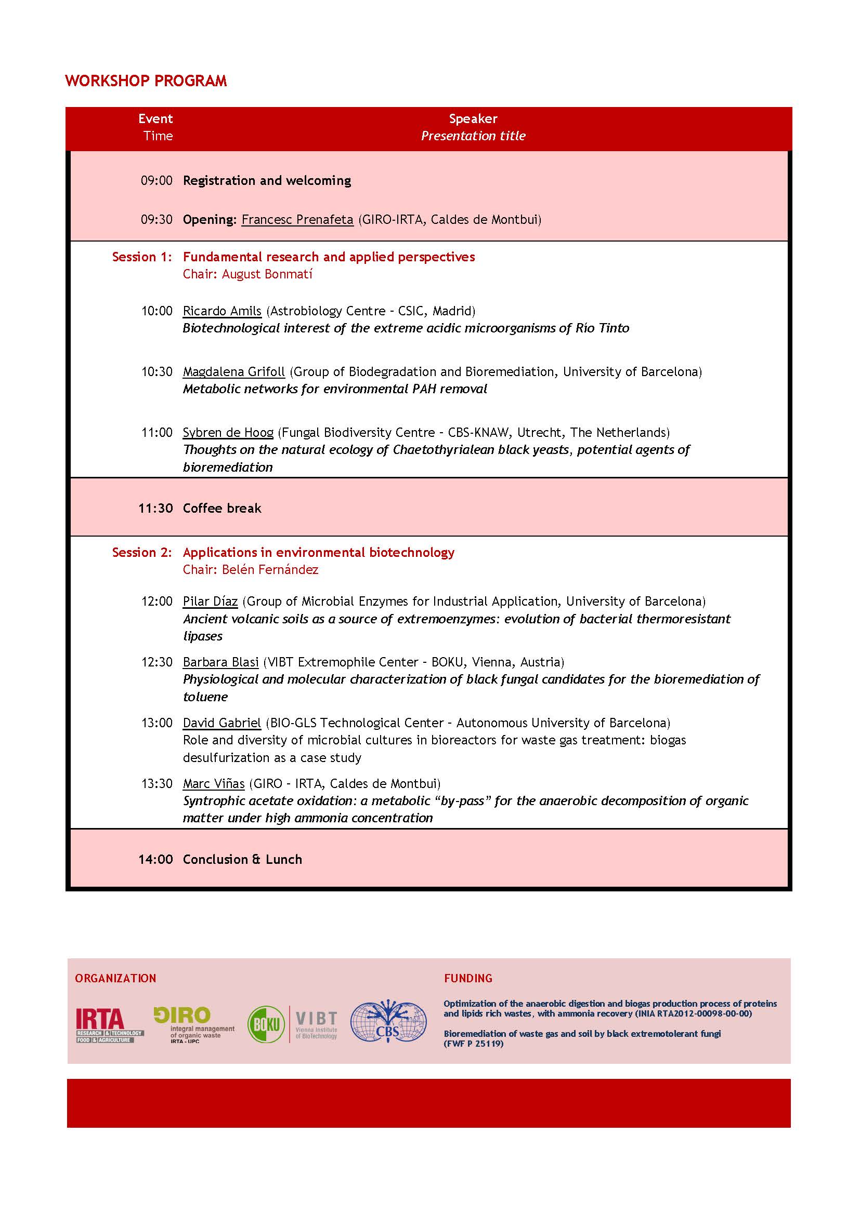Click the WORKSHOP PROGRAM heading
point(146,81)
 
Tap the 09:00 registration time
point(156,181)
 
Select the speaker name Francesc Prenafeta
point(297,220)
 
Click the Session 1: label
point(142,257)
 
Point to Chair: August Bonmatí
point(247,274)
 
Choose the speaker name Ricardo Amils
point(222,311)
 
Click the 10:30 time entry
point(157,372)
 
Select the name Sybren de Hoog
point(228,433)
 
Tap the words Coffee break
point(222,509)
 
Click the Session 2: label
point(142,553)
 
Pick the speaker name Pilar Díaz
point(210,602)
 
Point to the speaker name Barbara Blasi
point(220,662)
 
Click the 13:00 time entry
point(157,724)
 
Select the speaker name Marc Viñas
point(213,784)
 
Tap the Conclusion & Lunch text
point(242,859)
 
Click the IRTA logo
point(109,1025)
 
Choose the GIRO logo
point(194,1025)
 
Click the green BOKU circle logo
point(266,1024)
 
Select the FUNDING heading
point(468,979)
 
